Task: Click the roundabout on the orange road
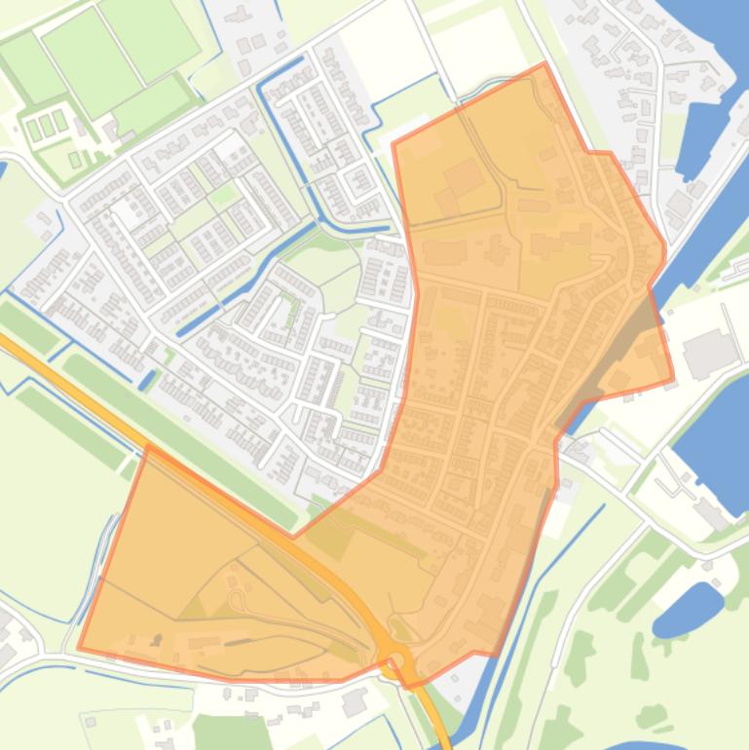395,664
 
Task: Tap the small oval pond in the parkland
688,609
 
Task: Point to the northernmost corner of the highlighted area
544,64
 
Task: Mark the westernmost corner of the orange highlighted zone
79,648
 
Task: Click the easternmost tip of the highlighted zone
673,380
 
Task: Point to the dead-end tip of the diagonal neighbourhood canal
183,328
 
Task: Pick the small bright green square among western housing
224,195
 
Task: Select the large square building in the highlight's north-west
465,177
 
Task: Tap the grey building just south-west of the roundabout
353,699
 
